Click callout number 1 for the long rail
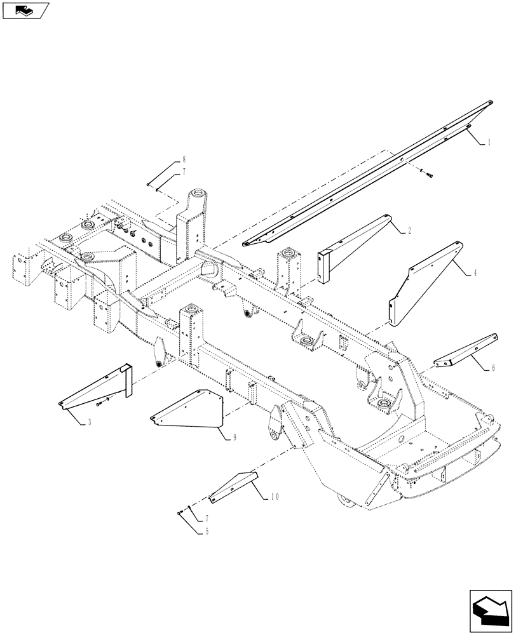[489, 144]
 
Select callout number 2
[409, 232]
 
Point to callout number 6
[493, 368]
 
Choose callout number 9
[235, 438]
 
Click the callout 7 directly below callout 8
[184, 171]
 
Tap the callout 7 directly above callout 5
[206, 518]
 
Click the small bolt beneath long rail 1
[425, 172]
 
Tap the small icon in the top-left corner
[25, 10]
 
